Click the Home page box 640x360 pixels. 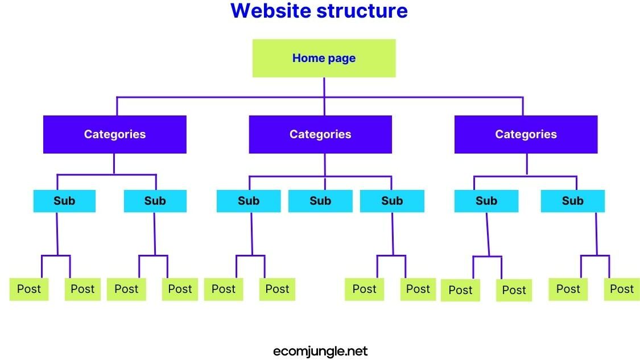point(324,58)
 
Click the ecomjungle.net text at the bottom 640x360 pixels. point(320,351)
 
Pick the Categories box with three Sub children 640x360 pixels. point(320,134)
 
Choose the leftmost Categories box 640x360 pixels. point(115,134)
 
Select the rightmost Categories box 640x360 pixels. point(526,134)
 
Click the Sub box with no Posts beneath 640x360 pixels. point(320,201)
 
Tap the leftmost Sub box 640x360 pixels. point(64,201)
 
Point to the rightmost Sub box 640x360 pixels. point(572,201)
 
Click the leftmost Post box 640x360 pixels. point(29,289)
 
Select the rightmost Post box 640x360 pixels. point(621,289)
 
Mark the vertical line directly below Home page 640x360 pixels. point(324,87)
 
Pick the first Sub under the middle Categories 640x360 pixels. point(249,201)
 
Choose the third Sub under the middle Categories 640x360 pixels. point(392,201)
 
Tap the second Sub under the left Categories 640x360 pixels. point(155,201)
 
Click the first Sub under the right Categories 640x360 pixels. point(486,201)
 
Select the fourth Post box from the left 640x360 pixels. point(180,289)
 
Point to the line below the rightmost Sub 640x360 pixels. point(596,233)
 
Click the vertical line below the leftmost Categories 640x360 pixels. point(114,164)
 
